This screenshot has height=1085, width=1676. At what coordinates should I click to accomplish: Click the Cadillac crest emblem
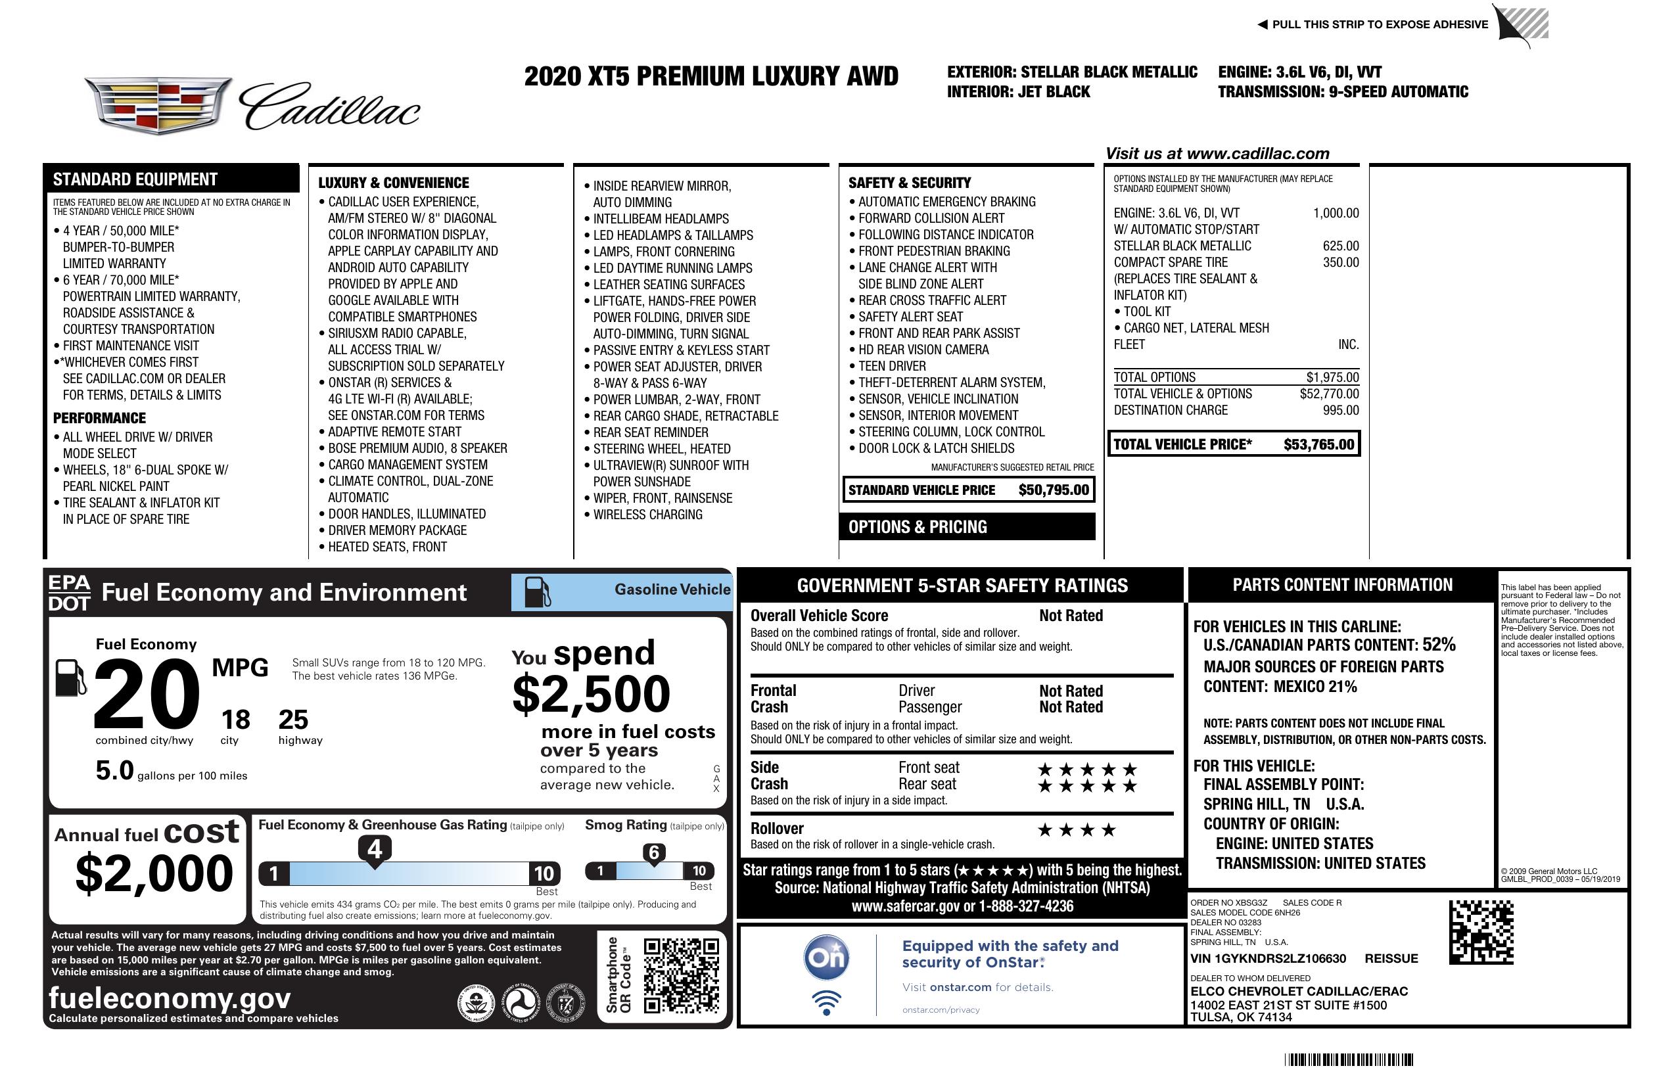point(159,106)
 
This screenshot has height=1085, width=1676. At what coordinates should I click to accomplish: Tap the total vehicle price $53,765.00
point(1318,444)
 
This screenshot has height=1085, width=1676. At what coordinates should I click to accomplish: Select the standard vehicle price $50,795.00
point(1054,490)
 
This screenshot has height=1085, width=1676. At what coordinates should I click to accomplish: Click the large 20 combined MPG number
point(147,694)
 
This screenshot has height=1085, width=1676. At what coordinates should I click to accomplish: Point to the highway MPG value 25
point(293,720)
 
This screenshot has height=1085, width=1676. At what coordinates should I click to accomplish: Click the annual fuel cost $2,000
point(154,873)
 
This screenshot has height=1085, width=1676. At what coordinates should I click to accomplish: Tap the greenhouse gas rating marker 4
point(375,849)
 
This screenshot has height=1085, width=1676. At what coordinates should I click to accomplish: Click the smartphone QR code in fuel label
point(681,975)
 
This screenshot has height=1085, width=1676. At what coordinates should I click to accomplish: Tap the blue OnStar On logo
point(826,958)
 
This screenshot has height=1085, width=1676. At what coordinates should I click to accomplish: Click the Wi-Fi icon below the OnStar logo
point(826,1003)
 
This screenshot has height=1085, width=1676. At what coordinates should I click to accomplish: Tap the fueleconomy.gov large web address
point(170,998)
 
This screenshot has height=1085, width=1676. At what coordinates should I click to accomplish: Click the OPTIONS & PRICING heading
point(917,526)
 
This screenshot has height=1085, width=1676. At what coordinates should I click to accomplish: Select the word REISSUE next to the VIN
point(1391,958)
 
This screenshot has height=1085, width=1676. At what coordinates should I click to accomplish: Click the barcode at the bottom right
point(1349,1059)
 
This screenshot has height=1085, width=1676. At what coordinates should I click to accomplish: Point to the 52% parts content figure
point(1438,644)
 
